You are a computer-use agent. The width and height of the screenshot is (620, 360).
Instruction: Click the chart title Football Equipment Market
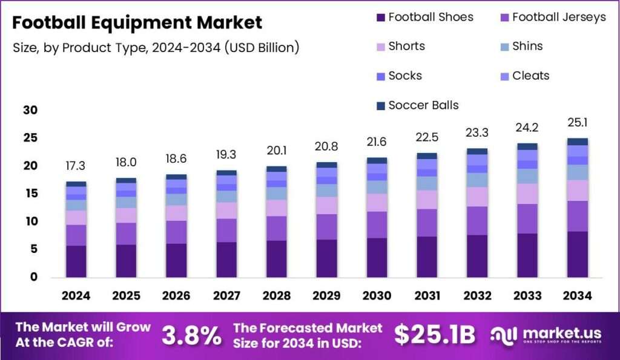(137, 22)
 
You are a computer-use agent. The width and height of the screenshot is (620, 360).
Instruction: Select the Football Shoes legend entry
(425, 17)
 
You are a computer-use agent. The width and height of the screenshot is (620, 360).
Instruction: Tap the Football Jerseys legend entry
(553, 18)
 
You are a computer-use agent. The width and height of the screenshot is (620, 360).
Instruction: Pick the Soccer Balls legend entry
(418, 105)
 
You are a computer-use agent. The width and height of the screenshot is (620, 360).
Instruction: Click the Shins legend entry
(521, 46)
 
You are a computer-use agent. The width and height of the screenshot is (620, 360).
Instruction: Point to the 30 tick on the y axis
(30, 110)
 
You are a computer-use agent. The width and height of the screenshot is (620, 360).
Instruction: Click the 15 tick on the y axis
(30, 193)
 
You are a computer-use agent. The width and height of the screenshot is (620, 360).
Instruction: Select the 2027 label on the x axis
(226, 296)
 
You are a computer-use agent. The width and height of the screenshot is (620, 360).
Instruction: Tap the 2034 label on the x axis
(577, 296)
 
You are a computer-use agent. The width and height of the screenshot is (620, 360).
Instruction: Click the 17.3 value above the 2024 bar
(76, 166)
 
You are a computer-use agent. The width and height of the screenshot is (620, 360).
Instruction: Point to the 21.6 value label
(377, 142)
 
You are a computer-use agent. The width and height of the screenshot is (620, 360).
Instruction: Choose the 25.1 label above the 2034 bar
(577, 122)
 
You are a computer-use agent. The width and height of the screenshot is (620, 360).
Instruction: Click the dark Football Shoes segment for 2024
(76, 261)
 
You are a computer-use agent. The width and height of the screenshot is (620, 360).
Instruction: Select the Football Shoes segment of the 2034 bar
(577, 254)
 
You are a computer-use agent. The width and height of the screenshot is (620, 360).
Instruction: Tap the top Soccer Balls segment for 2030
(377, 160)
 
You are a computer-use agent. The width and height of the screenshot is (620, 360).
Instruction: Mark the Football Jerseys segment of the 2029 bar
(326, 227)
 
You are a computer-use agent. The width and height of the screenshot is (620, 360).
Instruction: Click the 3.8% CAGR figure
(192, 336)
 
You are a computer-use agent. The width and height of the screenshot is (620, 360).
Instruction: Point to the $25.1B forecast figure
(435, 335)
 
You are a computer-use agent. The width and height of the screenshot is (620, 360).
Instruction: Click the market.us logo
(546, 335)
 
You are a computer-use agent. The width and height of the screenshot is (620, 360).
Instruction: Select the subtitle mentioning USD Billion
(156, 48)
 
